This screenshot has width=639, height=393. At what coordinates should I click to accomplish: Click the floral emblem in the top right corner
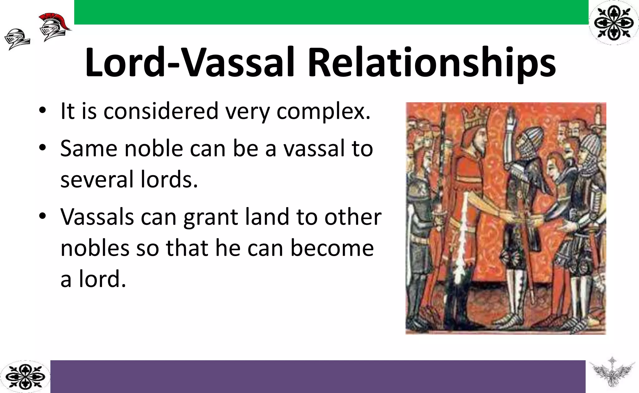pos(614,22)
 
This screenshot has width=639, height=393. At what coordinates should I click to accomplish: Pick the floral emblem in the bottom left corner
pos(25,377)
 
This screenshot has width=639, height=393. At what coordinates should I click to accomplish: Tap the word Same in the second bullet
pos(89,148)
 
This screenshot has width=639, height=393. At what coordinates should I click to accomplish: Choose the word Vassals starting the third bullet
pos(97,217)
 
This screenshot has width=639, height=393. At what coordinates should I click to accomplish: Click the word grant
pos(211,217)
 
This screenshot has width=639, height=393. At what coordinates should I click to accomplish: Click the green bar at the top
pos(331,12)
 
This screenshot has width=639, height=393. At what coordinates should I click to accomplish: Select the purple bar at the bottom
pos(318,376)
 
